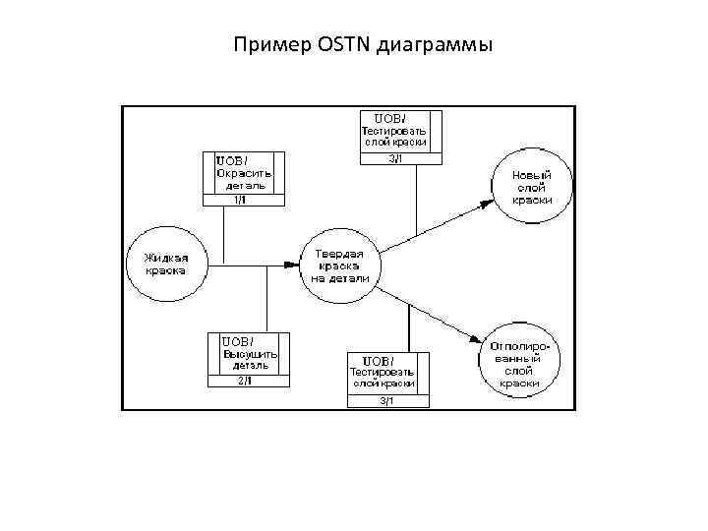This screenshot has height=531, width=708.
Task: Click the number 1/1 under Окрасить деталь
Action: click(241, 200)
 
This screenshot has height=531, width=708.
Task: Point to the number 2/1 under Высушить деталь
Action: click(246, 381)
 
